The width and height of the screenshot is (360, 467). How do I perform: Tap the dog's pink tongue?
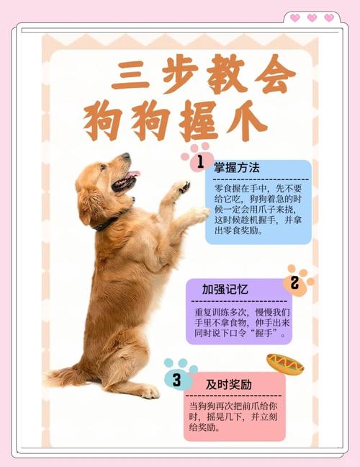tap(132, 175)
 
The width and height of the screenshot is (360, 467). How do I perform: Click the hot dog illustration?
tap(285, 363)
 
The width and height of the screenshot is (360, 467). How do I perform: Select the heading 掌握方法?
tap(236, 168)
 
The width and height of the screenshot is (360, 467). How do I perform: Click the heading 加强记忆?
tap(225, 289)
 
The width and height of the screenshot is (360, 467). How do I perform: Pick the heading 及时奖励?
tap(228, 384)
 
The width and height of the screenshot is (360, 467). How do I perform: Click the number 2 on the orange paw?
tap(294, 283)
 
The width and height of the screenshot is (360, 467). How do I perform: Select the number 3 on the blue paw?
tap(176, 378)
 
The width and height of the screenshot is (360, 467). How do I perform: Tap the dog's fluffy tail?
tap(68, 375)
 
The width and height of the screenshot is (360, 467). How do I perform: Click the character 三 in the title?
tap(129, 74)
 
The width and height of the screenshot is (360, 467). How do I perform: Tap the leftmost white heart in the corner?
tap(294, 17)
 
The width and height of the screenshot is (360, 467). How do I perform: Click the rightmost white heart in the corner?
tap(329, 17)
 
